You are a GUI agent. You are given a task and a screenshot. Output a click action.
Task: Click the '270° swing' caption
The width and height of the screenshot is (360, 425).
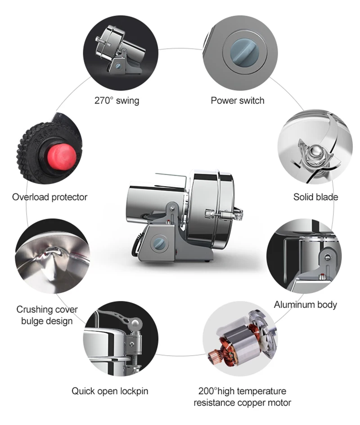(x=117, y=100)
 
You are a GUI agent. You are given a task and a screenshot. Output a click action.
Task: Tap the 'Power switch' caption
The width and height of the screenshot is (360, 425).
(x=238, y=100)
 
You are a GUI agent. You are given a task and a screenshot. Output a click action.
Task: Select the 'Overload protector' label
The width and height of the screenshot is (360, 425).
(x=49, y=197)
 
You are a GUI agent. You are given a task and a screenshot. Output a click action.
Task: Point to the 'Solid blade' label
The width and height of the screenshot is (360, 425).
(x=315, y=197)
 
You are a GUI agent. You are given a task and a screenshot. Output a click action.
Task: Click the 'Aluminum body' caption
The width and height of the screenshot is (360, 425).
(x=305, y=305)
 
